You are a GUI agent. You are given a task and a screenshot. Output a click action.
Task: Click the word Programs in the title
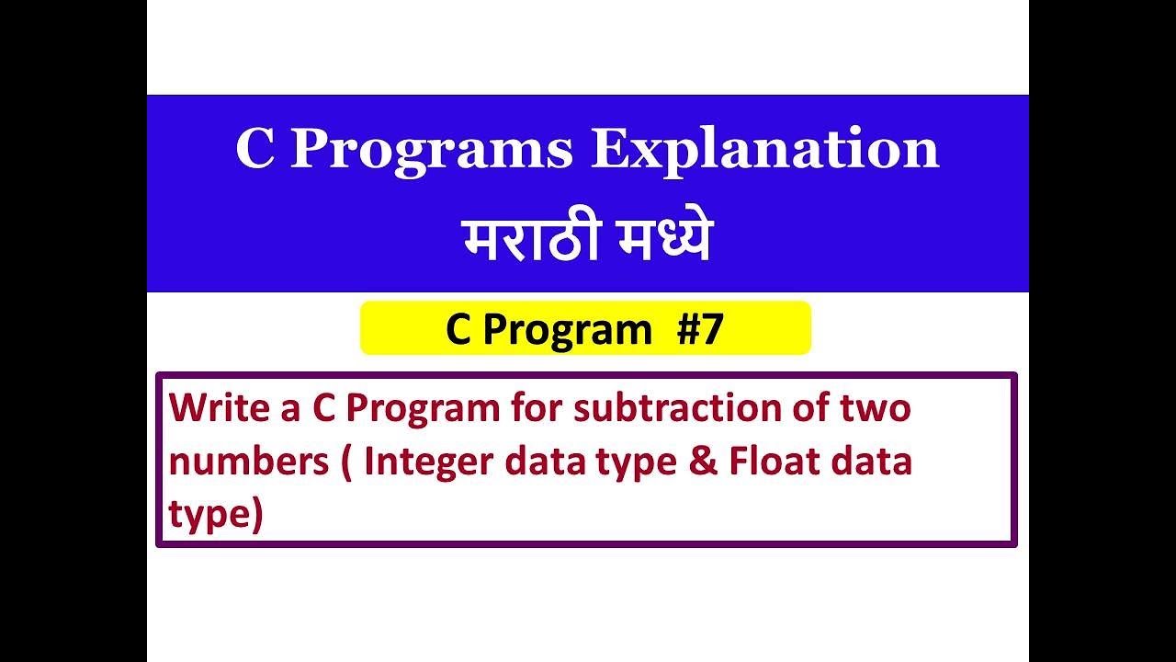click(x=431, y=150)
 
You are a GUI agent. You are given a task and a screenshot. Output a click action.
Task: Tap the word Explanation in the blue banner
click(x=764, y=150)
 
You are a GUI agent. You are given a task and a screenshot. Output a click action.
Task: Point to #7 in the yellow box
click(x=700, y=329)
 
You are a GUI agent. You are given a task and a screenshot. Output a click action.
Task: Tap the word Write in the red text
click(x=213, y=407)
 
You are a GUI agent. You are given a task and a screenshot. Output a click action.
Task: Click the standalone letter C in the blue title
click(x=254, y=150)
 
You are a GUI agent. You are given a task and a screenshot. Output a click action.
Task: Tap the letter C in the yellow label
click(x=458, y=329)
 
